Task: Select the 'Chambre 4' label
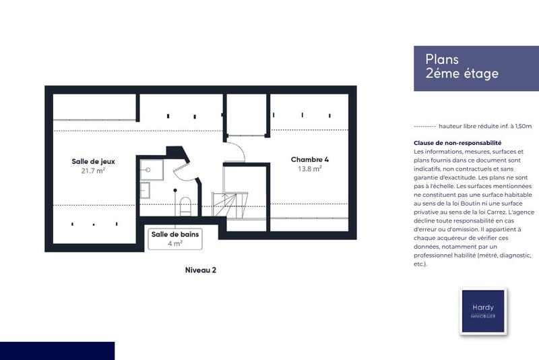[x=309, y=160]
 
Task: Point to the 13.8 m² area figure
[x=309, y=169]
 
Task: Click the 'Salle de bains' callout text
[x=175, y=234]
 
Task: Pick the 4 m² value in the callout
[x=175, y=243]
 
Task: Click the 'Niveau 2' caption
[x=200, y=270]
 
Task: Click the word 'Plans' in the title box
[x=442, y=59]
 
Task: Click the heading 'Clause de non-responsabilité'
[x=457, y=143]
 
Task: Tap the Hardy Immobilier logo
[x=482, y=311]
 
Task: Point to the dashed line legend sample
[x=424, y=126]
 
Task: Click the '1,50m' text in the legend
[x=521, y=126]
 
